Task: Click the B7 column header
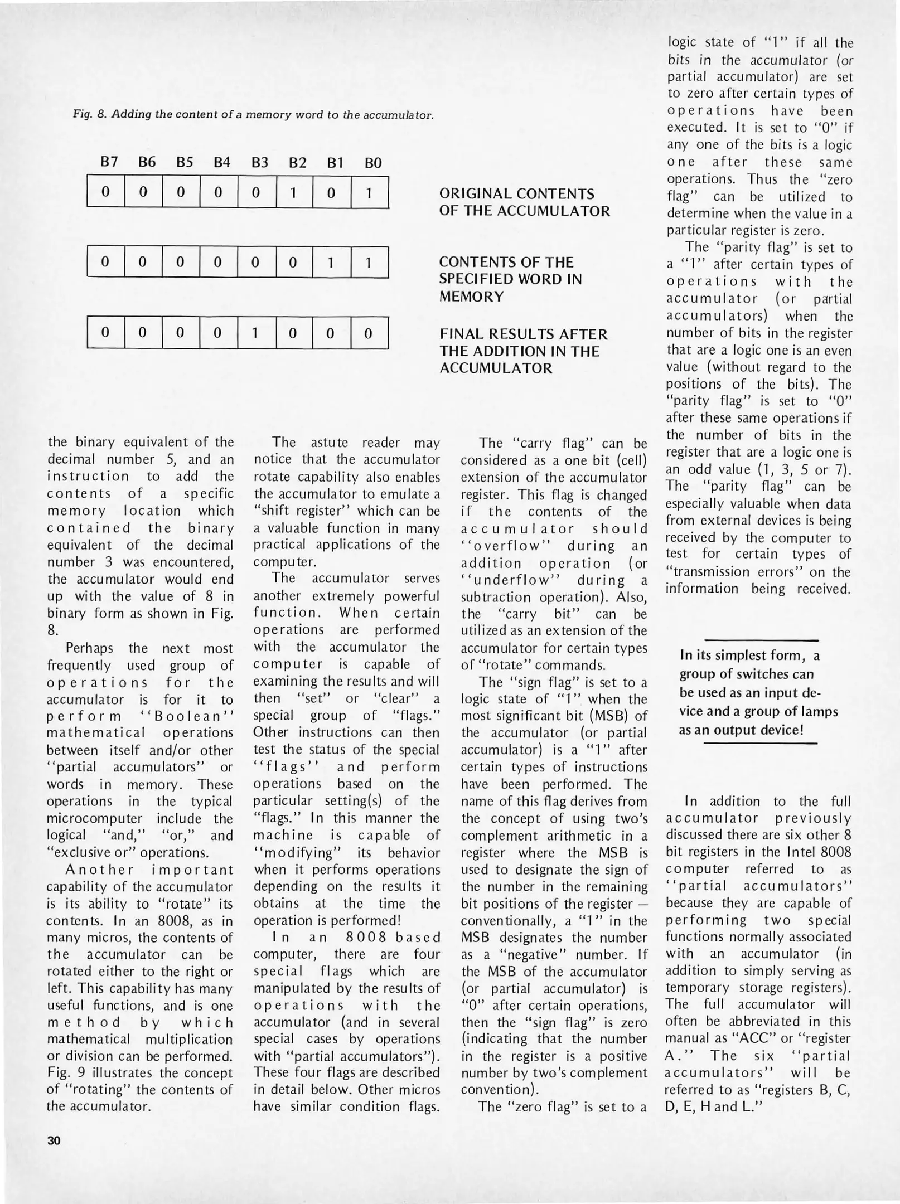109,162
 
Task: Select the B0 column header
372,163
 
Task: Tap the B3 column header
259,163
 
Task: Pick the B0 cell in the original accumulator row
369,192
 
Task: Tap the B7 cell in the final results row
105,333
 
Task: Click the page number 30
54,1140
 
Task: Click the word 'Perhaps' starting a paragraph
89,648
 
